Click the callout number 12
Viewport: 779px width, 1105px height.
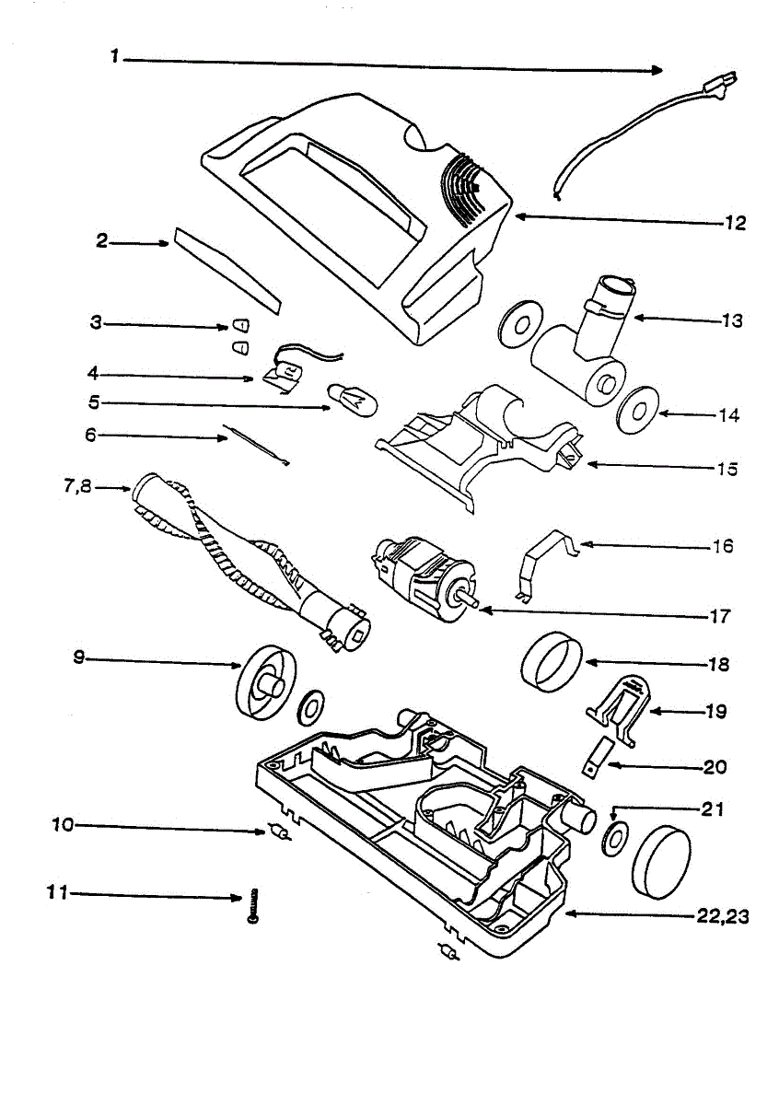pos(733,222)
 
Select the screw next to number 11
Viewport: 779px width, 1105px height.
pos(252,904)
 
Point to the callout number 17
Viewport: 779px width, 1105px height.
pos(720,616)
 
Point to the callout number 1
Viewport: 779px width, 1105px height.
pos(115,57)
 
